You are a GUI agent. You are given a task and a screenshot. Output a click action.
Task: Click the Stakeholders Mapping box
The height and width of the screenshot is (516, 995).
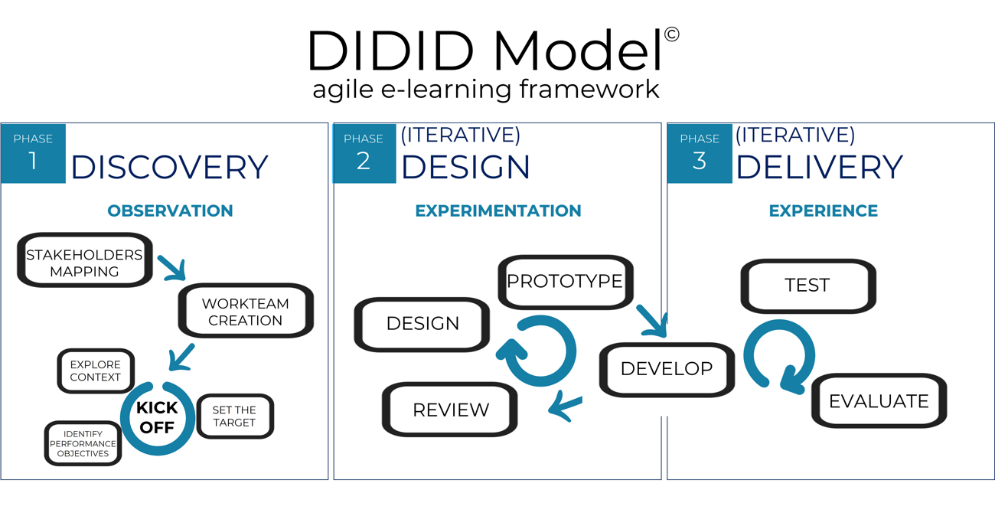[x=85, y=262]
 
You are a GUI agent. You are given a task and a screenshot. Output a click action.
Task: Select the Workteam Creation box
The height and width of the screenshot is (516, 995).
[x=246, y=311]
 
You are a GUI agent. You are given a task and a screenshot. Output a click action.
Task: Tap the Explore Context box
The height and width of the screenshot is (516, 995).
[x=96, y=371]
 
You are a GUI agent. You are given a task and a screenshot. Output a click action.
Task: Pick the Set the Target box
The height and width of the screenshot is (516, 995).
[x=235, y=416]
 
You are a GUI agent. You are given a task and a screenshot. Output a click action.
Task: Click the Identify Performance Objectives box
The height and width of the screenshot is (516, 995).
[x=83, y=444]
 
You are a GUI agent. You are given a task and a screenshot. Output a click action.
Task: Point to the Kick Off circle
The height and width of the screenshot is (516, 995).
[x=157, y=418]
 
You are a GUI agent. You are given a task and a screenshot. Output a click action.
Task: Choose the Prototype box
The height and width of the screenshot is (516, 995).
[x=565, y=282]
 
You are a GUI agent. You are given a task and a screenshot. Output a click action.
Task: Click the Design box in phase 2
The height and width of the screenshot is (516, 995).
[x=422, y=324]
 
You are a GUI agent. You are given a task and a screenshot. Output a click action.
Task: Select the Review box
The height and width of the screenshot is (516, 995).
[x=450, y=410]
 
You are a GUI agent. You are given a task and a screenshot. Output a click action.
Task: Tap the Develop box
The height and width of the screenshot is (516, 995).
[x=666, y=369]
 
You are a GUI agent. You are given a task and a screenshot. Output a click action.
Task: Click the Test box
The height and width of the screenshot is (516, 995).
[x=807, y=286]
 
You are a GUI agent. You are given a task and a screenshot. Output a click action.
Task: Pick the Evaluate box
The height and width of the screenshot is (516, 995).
[x=879, y=400]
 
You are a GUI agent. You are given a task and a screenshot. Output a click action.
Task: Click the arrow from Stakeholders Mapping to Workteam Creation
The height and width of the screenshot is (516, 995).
[x=172, y=267]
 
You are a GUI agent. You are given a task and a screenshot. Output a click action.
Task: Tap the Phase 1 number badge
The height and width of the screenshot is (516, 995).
[x=33, y=153]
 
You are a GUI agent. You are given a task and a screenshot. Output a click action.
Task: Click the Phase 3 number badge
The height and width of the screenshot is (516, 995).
[x=699, y=153]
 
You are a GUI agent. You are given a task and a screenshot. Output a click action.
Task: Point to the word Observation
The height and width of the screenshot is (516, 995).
[x=170, y=211]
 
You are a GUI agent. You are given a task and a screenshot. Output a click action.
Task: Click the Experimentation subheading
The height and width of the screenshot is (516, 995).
[x=498, y=211]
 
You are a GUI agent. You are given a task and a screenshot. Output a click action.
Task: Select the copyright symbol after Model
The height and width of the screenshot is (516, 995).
[x=671, y=34]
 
